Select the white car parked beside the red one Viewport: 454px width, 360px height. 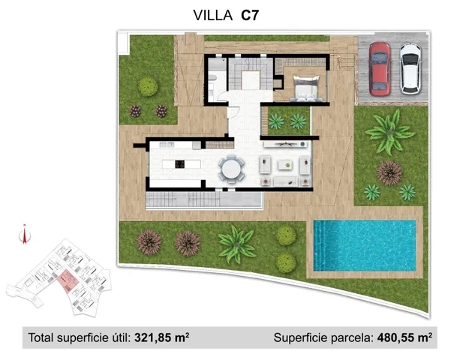pyautogui.click(x=410, y=67)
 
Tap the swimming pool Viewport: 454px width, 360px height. pyautogui.click(x=364, y=245)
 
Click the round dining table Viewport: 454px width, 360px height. pyautogui.click(x=231, y=168)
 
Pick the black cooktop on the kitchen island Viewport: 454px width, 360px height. pyautogui.click(x=180, y=163)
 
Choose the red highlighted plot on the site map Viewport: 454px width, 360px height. pyautogui.click(x=67, y=281)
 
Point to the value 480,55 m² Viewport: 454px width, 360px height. pyautogui.click(x=404, y=338)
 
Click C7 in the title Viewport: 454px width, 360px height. pyautogui.click(x=252, y=14)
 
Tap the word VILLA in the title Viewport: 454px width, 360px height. pyautogui.click(x=213, y=14)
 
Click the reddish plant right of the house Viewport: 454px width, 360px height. pyautogui.click(x=389, y=172)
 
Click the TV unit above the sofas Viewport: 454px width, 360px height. pyautogui.click(x=284, y=142)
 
